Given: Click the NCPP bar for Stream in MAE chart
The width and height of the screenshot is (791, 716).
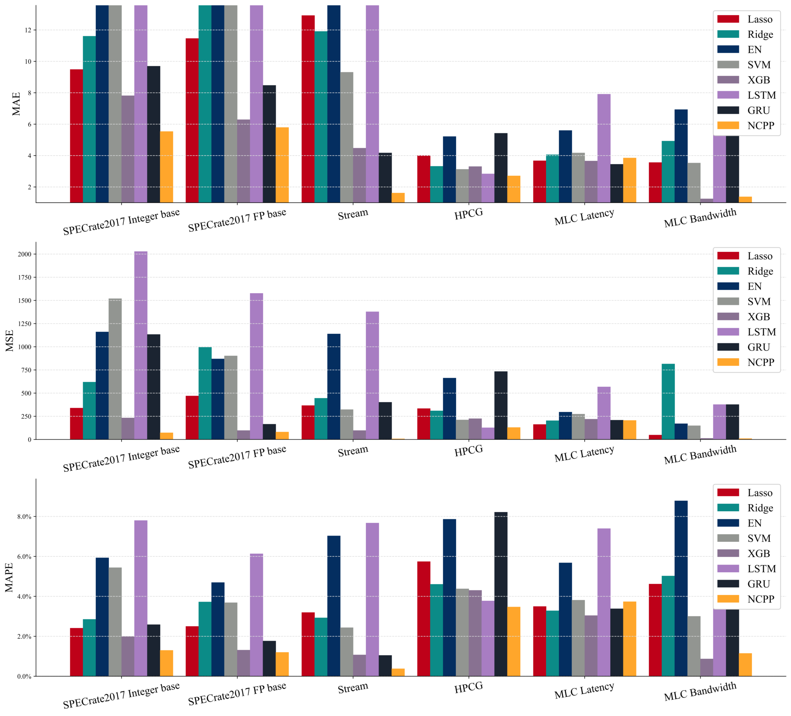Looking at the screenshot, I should (398, 197).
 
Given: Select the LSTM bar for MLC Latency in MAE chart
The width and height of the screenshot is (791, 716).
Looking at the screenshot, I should (604, 148).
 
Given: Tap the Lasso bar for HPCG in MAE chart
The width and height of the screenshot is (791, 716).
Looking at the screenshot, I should (423, 179).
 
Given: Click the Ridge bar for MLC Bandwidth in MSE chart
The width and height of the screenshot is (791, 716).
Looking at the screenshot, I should (668, 401).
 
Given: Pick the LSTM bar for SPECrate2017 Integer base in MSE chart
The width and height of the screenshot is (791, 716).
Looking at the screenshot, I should (141, 345).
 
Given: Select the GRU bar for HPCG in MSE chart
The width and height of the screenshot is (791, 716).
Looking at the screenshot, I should (501, 405).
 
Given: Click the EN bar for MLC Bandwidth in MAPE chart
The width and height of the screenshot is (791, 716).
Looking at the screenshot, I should (681, 588).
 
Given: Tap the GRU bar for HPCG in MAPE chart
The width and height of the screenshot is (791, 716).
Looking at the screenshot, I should (501, 594).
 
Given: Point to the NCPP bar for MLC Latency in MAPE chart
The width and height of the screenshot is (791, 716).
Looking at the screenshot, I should (629, 639).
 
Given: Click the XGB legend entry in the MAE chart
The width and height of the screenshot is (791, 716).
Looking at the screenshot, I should (759, 80).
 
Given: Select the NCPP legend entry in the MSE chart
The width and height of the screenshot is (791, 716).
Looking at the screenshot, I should (760, 362).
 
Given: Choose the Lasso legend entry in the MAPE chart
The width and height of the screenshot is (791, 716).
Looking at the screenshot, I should (760, 493).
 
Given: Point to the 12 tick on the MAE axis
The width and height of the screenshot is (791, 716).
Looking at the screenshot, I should (28, 30).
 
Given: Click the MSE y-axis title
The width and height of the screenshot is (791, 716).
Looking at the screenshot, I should (9, 340).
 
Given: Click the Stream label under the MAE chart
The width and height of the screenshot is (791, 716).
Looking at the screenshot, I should (353, 214).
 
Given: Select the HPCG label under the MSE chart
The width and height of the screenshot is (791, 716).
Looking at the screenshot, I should (468, 451).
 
